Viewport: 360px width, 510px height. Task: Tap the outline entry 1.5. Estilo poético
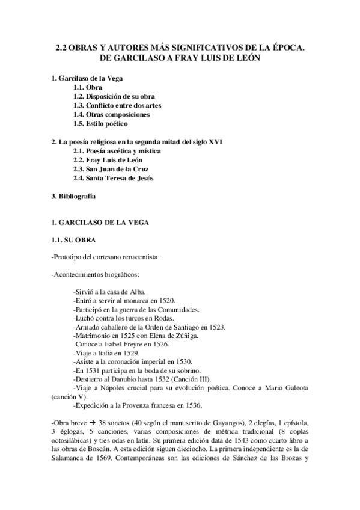[x=100, y=124]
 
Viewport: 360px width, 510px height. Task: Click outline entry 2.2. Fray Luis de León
[x=108, y=160]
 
